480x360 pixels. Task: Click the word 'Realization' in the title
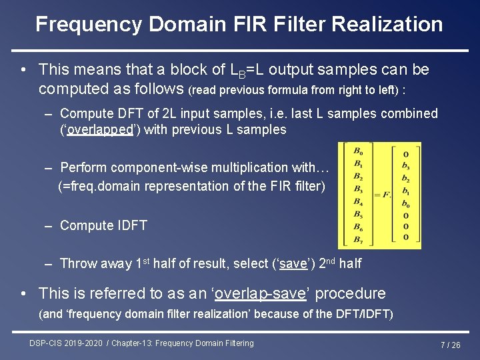(x=387, y=25)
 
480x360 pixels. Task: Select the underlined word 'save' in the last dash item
(x=293, y=263)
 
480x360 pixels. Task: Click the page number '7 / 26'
(x=450, y=345)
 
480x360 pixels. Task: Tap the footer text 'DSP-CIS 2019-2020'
(x=66, y=343)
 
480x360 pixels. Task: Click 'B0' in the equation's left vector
(x=358, y=150)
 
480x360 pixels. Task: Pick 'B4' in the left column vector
(x=358, y=201)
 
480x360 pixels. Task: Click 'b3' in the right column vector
(x=406, y=166)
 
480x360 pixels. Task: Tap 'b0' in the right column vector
(x=406, y=204)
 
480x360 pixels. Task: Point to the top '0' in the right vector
(x=406, y=154)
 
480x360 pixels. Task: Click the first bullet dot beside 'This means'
(x=23, y=69)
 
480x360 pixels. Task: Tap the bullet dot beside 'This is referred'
(x=23, y=293)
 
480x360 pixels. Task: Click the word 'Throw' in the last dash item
(x=78, y=263)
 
